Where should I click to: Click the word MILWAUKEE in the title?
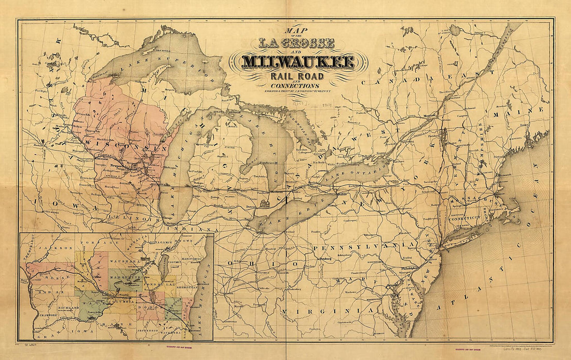coord(298,62)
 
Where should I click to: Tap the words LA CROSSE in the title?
coord(297,44)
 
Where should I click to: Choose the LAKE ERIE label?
coord(291,214)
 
